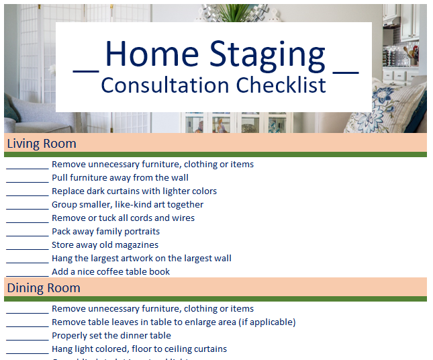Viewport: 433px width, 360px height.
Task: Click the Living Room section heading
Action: point(42,144)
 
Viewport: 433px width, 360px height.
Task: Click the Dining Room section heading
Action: point(44,288)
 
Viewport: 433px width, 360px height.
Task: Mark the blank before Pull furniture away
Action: point(28,178)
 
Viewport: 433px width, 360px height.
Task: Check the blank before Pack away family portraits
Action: point(28,232)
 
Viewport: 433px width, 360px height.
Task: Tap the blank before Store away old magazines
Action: point(28,245)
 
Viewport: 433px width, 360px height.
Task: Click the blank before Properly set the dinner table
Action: point(28,336)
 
